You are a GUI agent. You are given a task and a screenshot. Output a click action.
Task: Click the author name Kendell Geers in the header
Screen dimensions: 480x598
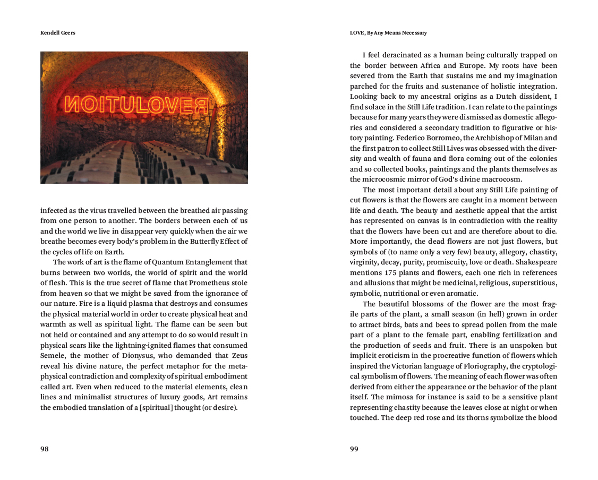(x=58, y=33)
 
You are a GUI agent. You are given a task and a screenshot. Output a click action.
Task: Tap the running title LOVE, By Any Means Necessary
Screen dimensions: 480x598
(x=388, y=33)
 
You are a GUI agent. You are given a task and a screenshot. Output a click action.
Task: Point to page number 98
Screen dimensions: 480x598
(x=45, y=449)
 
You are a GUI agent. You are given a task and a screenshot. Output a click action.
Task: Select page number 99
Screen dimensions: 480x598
(x=354, y=449)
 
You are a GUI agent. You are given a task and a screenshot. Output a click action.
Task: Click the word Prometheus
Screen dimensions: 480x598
(x=210, y=283)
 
